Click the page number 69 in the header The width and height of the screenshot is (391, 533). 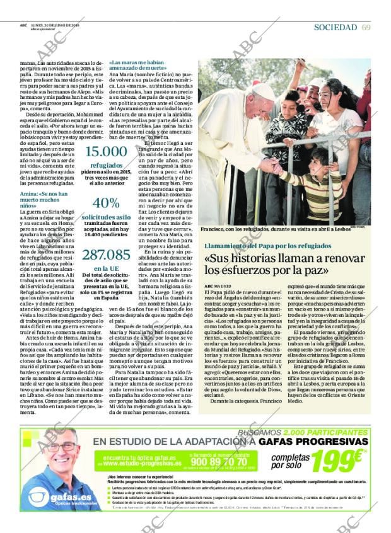click(x=366, y=27)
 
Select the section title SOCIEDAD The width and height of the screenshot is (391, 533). click(x=335, y=27)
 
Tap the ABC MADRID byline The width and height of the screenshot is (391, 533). click(x=217, y=286)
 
